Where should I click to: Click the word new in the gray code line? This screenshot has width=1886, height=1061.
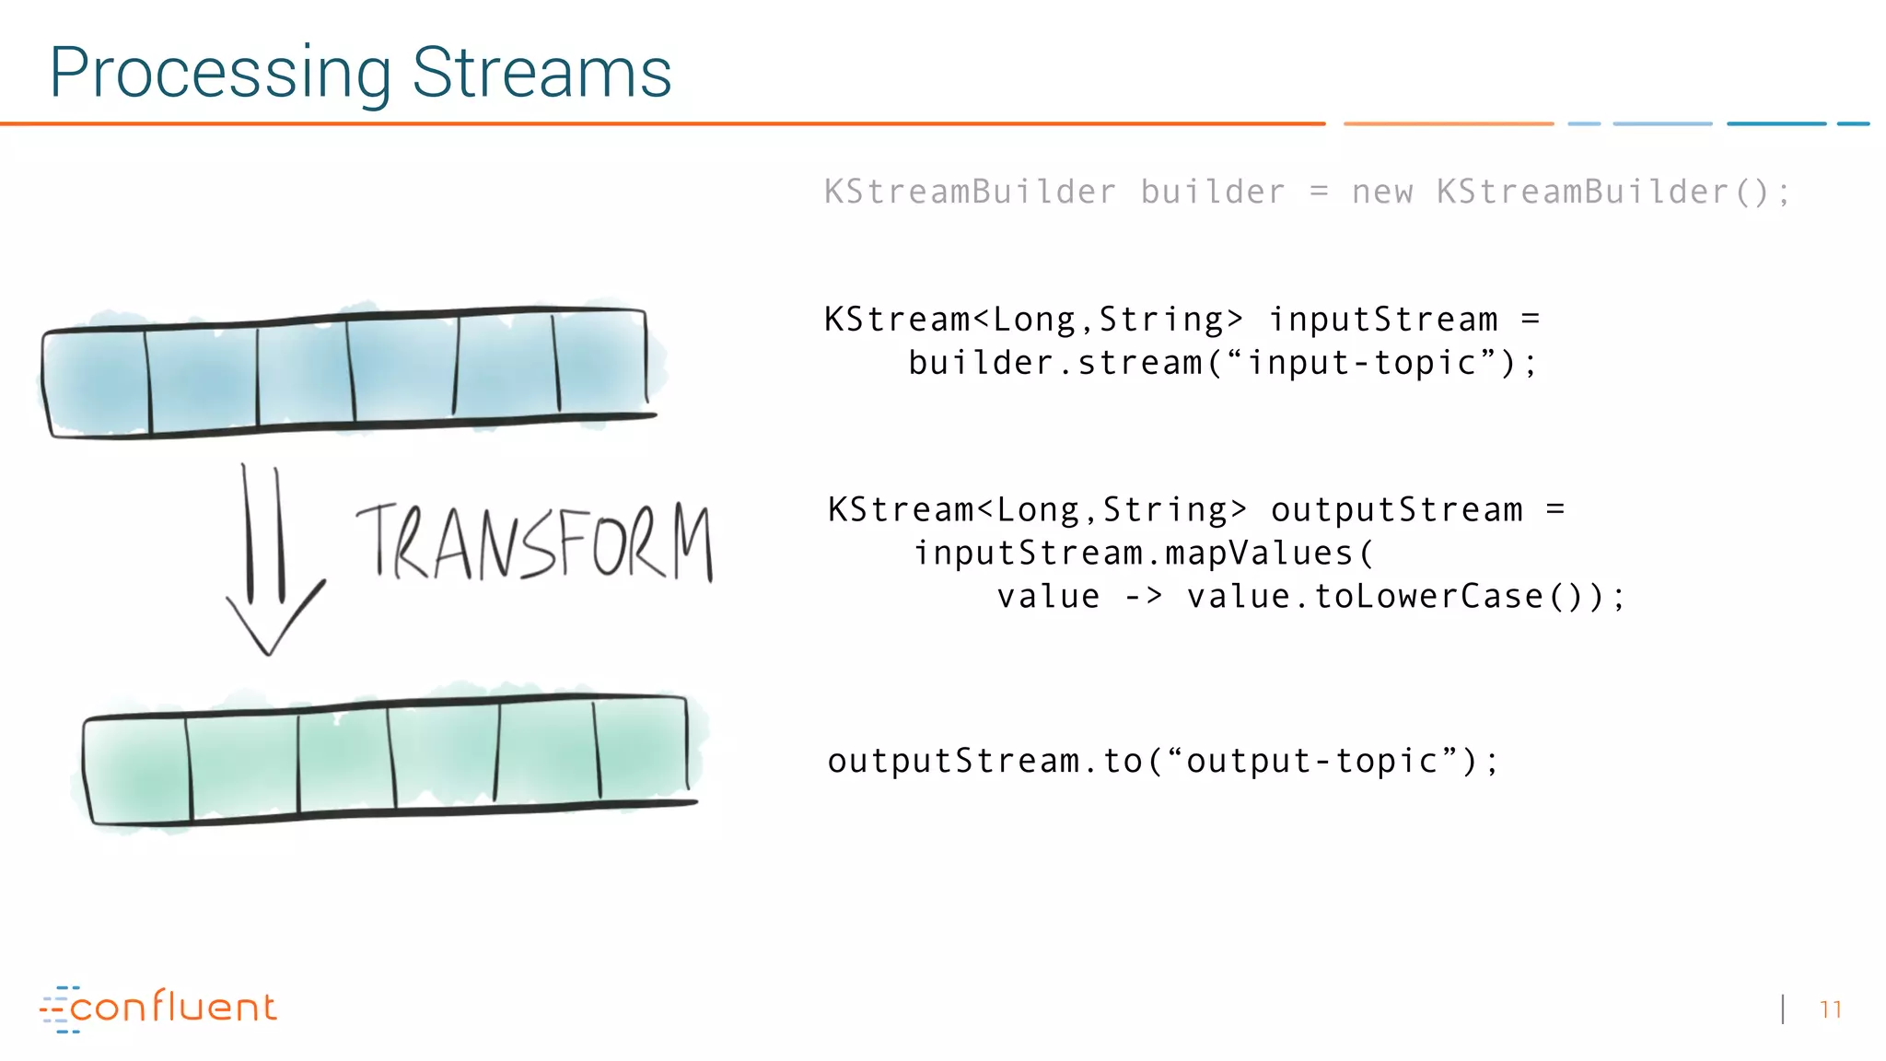pyautogui.click(x=1381, y=192)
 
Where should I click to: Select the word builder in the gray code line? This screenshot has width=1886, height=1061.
pyautogui.click(x=1212, y=192)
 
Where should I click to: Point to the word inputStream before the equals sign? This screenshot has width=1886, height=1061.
pyautogui.click(x=1383, y=320)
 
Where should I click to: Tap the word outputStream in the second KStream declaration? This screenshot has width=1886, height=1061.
pyautogui.click(x=1396, y=509)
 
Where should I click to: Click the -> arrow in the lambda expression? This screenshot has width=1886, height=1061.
pyautogui.click(x=1144, y=597)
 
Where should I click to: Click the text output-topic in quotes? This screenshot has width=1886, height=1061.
pyautogui.click(x=1311, y=761)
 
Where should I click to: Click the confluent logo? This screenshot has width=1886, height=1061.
pyautogui.click(x=158, y=1008)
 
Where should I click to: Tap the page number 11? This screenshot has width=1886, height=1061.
pyautogui.click(x=1830, y=1009)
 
